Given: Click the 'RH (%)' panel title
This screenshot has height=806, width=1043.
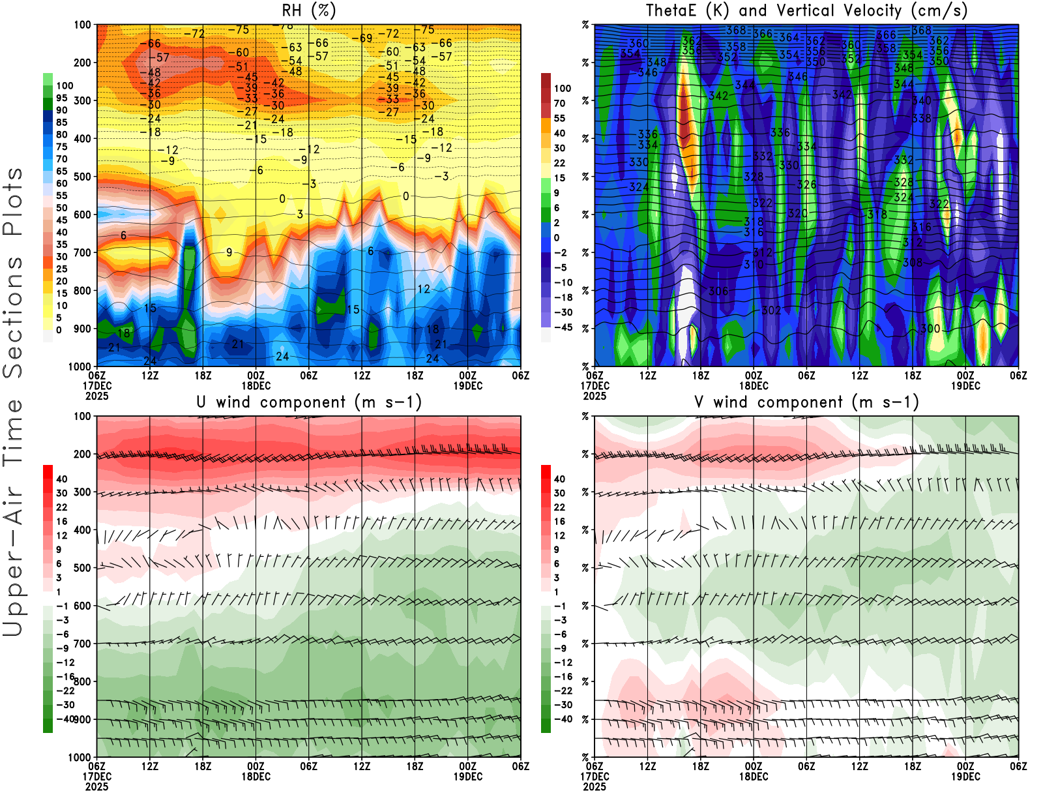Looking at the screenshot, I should coord(308,10).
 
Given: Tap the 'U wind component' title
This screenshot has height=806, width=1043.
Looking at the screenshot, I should coord(309,402).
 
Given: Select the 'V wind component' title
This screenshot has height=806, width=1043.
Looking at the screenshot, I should coord(806,402).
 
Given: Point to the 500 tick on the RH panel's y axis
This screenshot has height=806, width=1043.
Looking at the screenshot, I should coord(83,176).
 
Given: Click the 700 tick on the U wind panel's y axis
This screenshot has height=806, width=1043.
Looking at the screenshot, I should coord(83,644).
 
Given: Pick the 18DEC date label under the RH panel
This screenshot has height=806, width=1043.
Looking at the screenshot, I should coord(256,385).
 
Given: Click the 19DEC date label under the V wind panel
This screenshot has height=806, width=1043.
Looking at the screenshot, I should coord(965,777).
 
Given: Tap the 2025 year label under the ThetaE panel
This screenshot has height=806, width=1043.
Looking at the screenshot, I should coord(595,396).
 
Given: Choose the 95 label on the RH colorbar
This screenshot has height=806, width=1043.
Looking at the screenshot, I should coord(61,98).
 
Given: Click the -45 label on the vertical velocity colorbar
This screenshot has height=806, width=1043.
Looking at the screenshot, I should coord(562,327).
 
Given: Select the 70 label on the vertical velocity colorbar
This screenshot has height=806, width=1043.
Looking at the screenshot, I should coord(559,103).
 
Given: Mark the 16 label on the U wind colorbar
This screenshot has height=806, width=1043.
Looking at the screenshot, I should coord(61,521).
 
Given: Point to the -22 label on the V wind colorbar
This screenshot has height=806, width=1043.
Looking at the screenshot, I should coord(562,691).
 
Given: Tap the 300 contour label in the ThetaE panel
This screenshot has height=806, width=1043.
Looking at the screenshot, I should coord(930,329).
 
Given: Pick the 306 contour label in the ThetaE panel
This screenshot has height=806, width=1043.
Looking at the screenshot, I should coord(718,291).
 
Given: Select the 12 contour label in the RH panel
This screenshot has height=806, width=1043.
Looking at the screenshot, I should coord(424,289).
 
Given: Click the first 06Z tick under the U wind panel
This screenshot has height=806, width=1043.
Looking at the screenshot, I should coord(96,766).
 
